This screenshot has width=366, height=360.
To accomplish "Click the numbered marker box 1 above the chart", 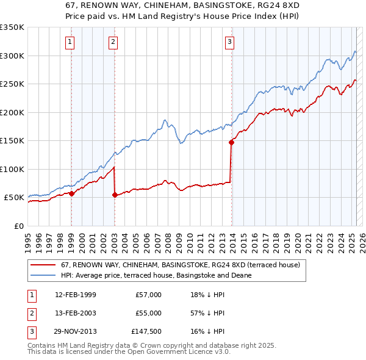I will pos(70,42).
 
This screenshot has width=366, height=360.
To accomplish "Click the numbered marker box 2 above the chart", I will pos(113,42).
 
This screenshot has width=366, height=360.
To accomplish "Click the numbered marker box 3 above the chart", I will pos(229,42).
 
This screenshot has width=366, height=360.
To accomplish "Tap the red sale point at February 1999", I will pos(71,193).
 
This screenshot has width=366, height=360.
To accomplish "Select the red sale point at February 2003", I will pos(115,195).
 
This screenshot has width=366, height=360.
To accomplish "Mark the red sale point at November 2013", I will pos(232,142).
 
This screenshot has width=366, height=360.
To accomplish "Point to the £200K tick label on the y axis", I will pos(12,112).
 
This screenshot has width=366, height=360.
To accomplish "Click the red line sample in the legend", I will pos(43,265).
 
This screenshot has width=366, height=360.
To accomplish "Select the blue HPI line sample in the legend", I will pos(43,275).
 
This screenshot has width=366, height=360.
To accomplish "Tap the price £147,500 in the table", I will pos(146,331).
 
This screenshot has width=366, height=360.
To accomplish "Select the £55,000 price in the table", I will pos(148,313).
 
